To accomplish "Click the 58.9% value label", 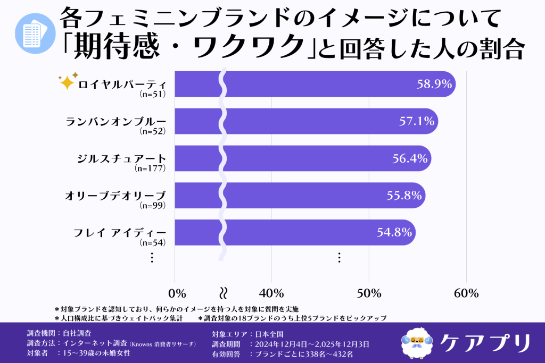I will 434,84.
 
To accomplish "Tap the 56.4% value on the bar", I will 410,158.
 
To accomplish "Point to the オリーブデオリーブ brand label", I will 115,195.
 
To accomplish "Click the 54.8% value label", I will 394,232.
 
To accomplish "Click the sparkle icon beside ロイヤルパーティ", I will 68,81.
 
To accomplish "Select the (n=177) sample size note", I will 151,168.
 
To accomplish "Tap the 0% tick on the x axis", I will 177,293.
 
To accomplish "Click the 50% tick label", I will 369,293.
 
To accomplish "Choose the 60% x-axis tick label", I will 466,293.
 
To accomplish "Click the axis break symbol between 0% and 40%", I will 224,293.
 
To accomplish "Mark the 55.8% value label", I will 404,195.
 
